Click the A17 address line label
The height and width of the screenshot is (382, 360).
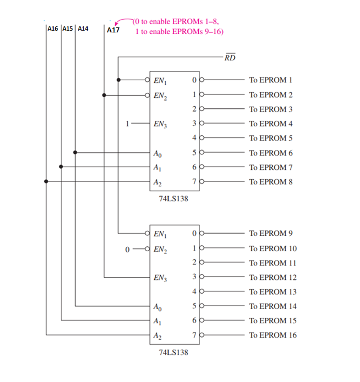[113, 30]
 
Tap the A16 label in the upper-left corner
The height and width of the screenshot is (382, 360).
[53, 29]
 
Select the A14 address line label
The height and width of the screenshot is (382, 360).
[83, 29]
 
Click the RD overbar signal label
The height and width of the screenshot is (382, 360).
[230, 57]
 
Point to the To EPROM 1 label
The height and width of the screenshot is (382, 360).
[270, 80]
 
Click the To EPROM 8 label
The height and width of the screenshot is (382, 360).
[270, 182]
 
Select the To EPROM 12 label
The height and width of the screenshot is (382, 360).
[272, 277]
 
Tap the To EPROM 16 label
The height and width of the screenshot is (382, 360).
[272, 335]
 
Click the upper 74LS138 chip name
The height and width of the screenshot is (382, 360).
[174, 200]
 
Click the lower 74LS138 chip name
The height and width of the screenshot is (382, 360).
[174, 352]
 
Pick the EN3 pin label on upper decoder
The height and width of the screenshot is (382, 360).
[159, 124]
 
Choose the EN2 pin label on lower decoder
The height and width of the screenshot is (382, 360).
[159, 249]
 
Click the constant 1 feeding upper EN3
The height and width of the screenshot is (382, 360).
[128, 123]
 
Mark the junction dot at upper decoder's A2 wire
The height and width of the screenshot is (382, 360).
[46, 181]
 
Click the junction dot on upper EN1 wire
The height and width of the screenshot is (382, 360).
[119, 80]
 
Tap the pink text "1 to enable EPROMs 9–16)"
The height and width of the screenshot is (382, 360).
[179, 31]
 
